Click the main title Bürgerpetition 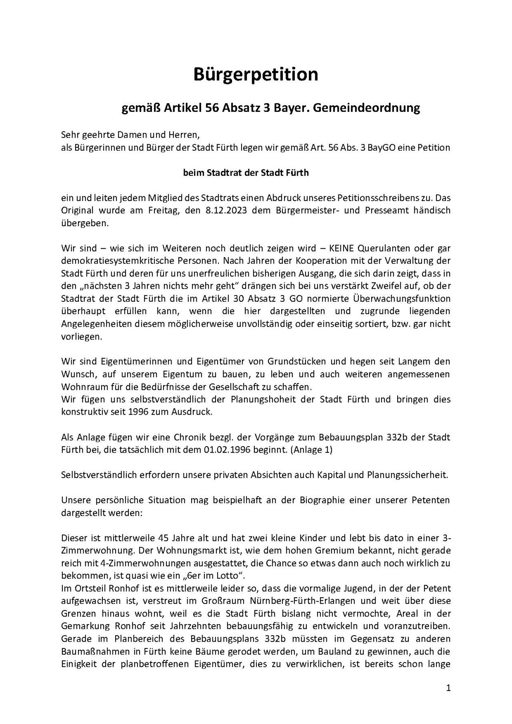point(256,75)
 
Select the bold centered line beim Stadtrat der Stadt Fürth point(246,173)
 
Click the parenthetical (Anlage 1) point(312,450)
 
